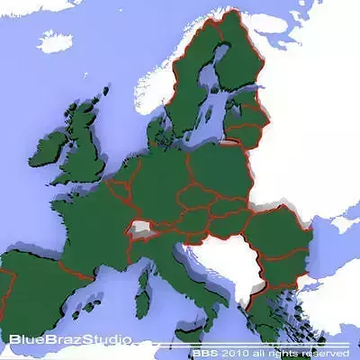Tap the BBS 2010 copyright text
click(x=270, y=353)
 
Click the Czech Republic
click(x=193, y=194)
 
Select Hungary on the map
click(x=225, y=221)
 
